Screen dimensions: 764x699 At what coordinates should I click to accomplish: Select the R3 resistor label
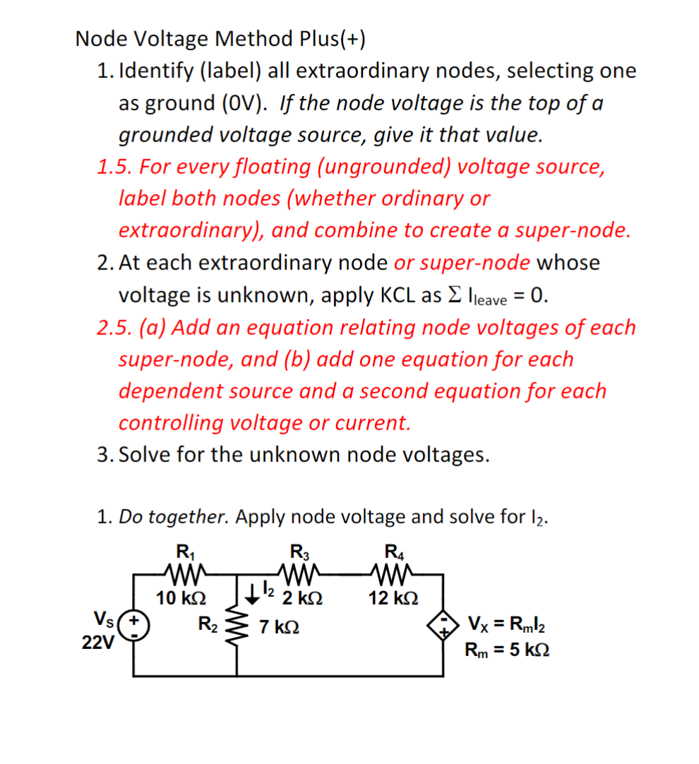tap(299, 551)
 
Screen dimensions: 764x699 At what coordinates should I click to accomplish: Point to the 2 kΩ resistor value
tap(303, 598)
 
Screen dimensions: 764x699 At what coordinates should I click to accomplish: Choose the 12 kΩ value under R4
tap(393, 598)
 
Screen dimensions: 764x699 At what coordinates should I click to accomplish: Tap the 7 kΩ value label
tap(279, 626)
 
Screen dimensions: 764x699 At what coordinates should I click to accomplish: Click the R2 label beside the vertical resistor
tap(208, 624)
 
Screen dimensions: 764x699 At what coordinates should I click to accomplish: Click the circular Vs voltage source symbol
tap(134, 626)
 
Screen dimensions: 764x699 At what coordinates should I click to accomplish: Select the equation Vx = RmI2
tap(505, 624)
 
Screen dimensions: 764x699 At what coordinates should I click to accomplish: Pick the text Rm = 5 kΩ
tap(506, 649)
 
